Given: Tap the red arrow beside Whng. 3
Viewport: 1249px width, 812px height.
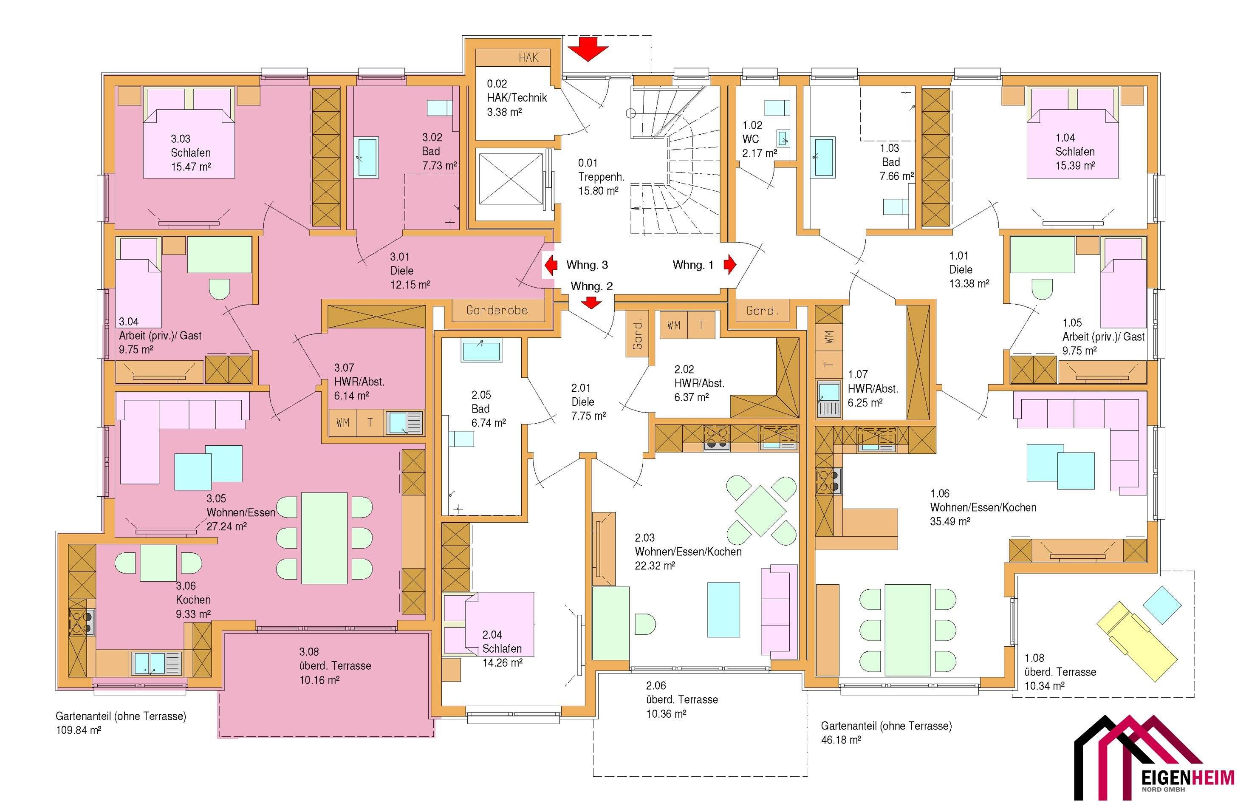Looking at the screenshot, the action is click(x=551, y=265).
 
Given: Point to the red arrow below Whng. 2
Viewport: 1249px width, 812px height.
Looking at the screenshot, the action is click(x=592, y=303).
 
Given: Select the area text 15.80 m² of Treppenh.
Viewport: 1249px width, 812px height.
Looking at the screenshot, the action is click(x=598, y=191).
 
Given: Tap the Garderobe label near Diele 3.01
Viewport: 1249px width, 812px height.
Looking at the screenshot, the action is click(x=497, y=310).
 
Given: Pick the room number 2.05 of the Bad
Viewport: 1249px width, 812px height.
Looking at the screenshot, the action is click(x=481, y=395).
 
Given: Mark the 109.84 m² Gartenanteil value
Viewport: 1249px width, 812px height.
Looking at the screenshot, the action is click(x=79, y=730).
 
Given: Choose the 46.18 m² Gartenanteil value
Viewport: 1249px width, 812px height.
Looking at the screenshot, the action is click(x=841, y=740).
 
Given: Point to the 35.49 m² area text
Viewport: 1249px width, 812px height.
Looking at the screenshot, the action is click(x=950, y=521).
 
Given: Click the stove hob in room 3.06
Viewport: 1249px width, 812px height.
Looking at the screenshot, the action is click(x=82, y=622).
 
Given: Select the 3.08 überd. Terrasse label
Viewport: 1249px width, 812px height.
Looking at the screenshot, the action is click(x=335, y=665).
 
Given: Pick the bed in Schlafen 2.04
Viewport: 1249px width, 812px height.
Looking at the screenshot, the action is click(x=489, y=624).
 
